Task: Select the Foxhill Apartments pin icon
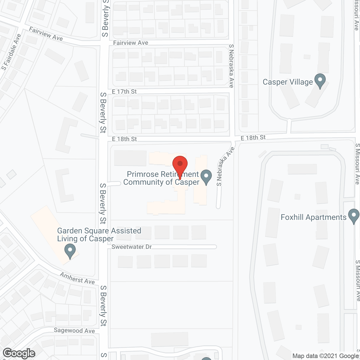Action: [x=354, y=216]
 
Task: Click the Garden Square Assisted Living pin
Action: [x=70, y=251]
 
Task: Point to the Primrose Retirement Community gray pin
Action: [x=206, y=177]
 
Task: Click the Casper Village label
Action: [x=287, y=82]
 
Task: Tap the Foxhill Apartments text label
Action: [x=314, y=217]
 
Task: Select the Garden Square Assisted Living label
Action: [x=99, y=235]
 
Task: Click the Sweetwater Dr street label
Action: [x=132, y=247]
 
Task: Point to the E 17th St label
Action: [x=124, y=92]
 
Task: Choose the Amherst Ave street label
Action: [x=77, y=278]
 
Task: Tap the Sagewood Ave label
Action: [x=74, y=330]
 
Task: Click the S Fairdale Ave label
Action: [x=11, y=52]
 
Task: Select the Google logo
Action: [x=19, y=353]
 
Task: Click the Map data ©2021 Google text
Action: [x=325, y=356]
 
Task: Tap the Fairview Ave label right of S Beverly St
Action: [x=130, y=43]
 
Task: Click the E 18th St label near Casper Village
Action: [x=253, y=138]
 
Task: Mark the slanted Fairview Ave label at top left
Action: [x=46, y=34]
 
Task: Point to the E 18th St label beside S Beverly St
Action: [x=124, y=139]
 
